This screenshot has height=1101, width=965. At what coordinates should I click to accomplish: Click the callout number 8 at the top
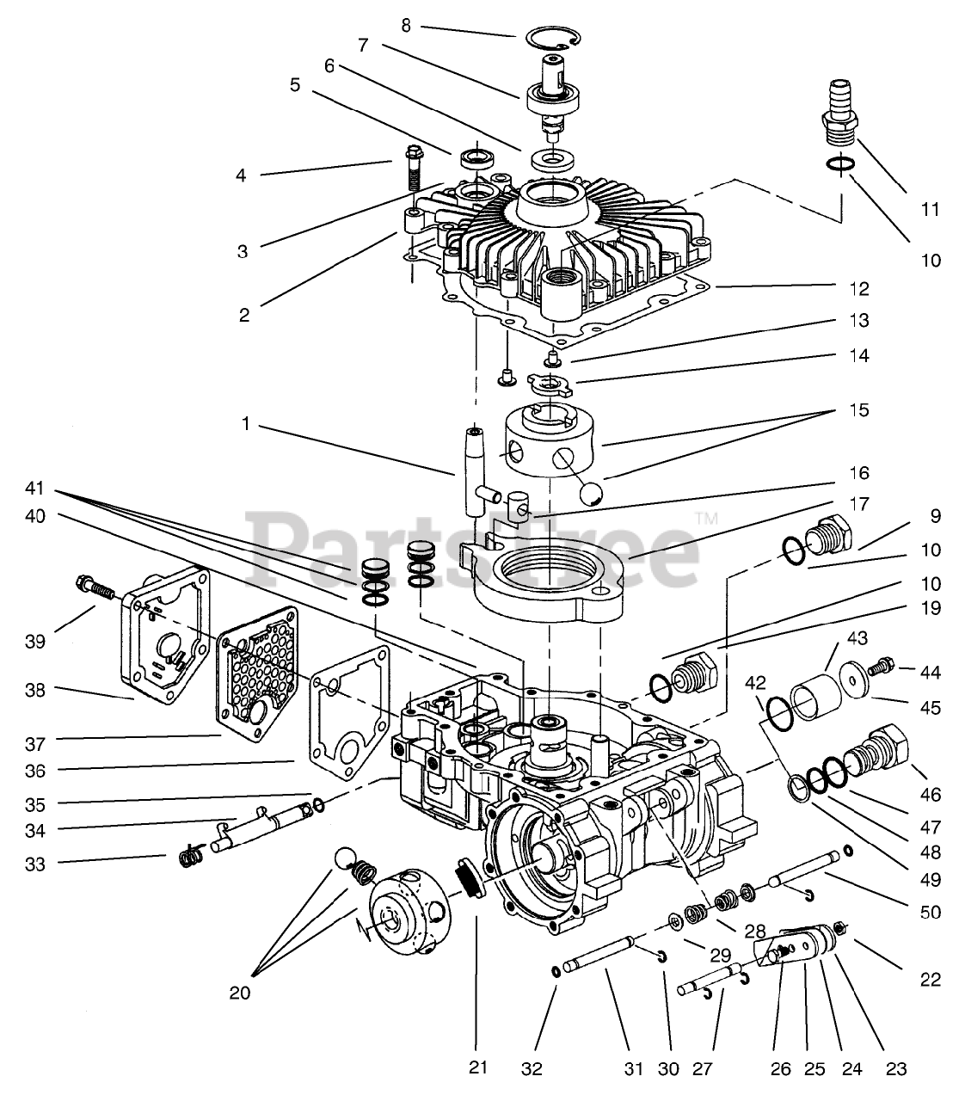(406, 26)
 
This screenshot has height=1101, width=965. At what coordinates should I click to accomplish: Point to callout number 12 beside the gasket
(859, 288)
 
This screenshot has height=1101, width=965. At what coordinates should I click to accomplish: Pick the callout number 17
(859, 504)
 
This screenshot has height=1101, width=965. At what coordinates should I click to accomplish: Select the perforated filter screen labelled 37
(256, 674)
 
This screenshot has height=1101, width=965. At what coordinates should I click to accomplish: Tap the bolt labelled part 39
(95, 586)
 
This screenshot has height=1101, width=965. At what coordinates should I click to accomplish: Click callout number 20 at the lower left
(240, 993)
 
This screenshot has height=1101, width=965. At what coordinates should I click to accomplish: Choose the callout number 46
(931, 795)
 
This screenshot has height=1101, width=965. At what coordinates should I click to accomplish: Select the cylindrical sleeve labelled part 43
(815, 698)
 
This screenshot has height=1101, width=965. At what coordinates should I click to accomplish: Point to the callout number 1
(246, 424)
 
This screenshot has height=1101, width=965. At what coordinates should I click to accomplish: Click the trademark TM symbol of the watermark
(706, 518)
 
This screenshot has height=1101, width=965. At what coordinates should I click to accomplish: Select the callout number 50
(931, 912)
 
